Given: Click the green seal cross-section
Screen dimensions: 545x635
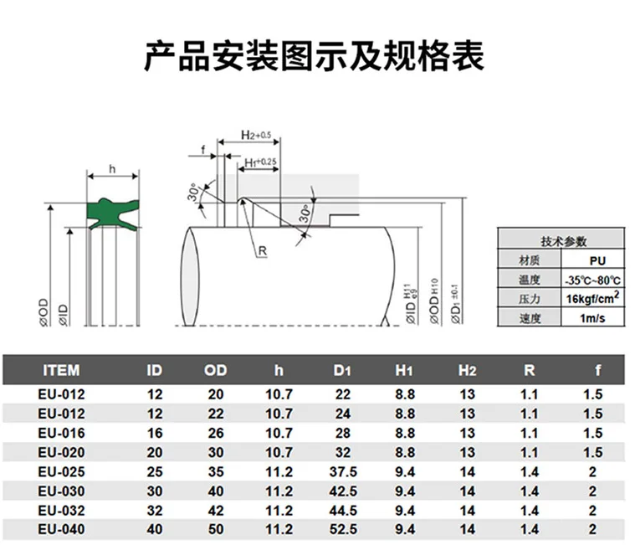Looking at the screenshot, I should pos(111,213).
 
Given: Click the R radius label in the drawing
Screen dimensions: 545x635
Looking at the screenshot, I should pos(261,250).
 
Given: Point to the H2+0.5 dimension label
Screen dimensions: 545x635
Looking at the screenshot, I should pos(255,134).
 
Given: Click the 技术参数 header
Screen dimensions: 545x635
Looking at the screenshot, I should pos(564,241).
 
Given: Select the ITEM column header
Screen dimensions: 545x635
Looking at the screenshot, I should pos(61,370).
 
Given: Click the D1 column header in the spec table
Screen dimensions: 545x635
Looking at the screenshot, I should pos(341,370).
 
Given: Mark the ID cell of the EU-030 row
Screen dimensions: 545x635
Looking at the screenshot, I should pos(154,491).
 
